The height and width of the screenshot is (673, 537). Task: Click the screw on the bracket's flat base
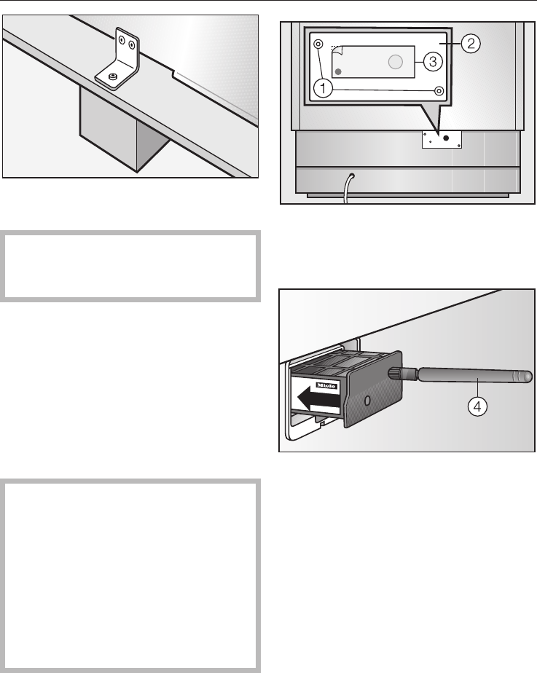click(x=113, y=76)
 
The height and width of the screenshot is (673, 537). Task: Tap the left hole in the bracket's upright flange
click(x=122, y=41)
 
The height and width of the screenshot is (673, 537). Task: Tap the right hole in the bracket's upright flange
click(x=132, y=44)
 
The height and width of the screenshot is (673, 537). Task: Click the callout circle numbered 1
click(x=324, y=89)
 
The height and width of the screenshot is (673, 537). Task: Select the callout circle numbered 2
click(x=471, y=44)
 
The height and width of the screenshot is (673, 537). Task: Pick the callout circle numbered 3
click(x=433, y=62)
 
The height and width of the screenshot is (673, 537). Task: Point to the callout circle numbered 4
click(x=477, y=406)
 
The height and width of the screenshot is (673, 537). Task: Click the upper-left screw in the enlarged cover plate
click(x=318, y=44)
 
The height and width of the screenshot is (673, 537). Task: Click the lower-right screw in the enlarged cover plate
click(x=439, y=91)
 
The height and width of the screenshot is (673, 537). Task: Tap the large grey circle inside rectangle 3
click(x=396, y=62)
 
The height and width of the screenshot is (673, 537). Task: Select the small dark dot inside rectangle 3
click(x=338, y=71)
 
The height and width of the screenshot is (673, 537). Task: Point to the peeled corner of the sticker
click(x=336, y=50)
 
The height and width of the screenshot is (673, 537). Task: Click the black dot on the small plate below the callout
click(x=446, y=138)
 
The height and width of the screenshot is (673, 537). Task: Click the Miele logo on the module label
click(x=326, y=385)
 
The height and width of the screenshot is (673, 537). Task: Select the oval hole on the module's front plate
click(x=367, y=401)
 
